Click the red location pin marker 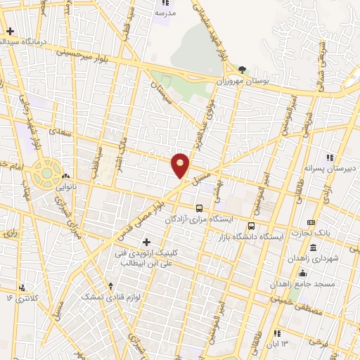181,165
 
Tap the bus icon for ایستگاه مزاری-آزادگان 200,209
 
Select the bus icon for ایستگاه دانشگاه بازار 251,226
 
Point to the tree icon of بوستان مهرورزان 243,70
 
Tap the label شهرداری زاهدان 313,258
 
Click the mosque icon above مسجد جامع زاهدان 303,274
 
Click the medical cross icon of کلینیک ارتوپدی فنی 146,243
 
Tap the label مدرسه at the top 165,13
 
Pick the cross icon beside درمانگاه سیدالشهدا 10,31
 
